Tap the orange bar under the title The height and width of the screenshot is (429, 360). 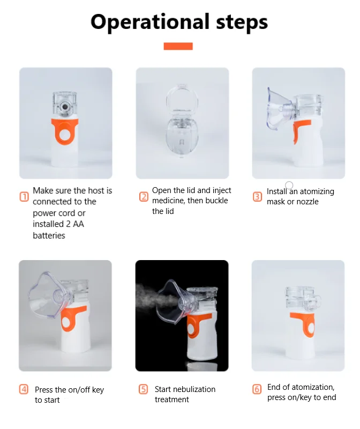178,47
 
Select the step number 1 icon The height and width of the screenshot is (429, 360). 24,197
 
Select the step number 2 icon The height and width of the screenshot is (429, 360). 144,196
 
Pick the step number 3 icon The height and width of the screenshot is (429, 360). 258,197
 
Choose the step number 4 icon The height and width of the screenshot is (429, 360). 24,389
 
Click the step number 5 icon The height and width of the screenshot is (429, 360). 144,389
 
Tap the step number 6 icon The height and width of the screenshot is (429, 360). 258,389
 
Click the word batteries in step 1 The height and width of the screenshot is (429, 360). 49,235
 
